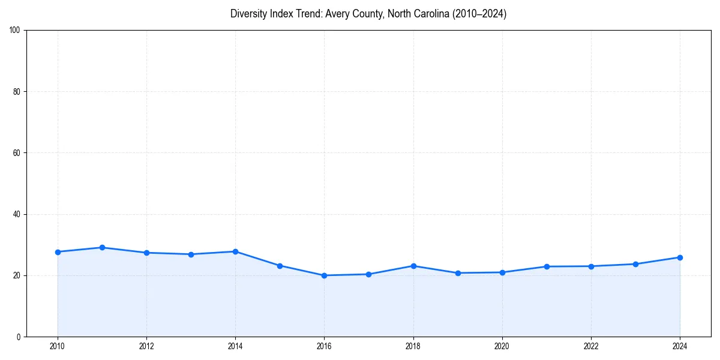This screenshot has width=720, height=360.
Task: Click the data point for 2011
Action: [x=102, y=247]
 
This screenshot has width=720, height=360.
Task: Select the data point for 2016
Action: [x=324, y=275]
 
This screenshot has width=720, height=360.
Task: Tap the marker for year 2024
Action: [x=680, y=257]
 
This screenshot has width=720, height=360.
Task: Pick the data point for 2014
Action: [x=235, y=251]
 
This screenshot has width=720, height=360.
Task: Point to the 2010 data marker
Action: [x=58, y=252]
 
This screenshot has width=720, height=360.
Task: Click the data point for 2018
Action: [x=413, y=266]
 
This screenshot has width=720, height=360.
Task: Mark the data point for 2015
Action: [x=280, y=265]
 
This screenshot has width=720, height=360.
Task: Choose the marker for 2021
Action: [x=547, y=266]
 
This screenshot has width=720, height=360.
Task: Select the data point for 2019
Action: [x=458, y=273]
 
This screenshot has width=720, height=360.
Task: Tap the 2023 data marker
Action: [x=635, y=264]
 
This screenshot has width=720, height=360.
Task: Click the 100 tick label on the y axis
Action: [x=15, y=30]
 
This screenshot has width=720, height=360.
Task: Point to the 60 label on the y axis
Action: [x=17, y=153]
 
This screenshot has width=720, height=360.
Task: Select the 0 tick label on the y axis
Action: [x=19, y=337]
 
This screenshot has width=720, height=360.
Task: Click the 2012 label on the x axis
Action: [x=146, y=346]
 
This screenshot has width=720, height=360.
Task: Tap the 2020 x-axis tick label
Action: [x=502, y=346]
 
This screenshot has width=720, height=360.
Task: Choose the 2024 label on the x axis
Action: [x=680, y=346]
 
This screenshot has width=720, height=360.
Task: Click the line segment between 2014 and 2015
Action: [x=257, y=258]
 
